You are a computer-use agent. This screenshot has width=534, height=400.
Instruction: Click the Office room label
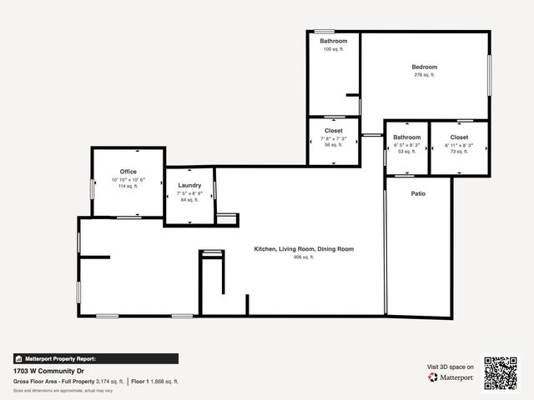[128, 172]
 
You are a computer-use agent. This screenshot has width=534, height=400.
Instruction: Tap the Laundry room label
[189, 185]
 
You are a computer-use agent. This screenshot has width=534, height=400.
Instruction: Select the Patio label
[418, 193]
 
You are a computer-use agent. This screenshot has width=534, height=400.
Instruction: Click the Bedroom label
[424, 67]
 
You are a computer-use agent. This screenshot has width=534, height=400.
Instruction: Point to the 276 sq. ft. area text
[424, 75]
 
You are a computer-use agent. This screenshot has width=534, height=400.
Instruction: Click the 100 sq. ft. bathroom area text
[334, 49]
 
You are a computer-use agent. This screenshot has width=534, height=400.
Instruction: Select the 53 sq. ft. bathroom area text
[407, 152]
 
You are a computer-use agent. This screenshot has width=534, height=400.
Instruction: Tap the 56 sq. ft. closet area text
[334, 145]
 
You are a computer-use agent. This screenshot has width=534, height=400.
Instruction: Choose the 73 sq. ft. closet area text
[459, 152]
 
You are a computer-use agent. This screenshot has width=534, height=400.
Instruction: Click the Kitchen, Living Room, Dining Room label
[304, 249]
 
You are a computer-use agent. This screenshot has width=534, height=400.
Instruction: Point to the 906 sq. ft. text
[304, 257]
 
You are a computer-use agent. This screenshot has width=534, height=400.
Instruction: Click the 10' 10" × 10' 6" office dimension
[128, 180]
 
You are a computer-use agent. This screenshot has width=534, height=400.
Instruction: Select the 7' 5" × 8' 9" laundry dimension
[189, 192]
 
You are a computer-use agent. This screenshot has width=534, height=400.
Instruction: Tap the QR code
[501, 372]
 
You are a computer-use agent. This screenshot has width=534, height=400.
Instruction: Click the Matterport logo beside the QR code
[451, 377]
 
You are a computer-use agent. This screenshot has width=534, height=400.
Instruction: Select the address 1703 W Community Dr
[51, 371]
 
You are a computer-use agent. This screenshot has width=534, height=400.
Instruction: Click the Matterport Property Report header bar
[95, 358]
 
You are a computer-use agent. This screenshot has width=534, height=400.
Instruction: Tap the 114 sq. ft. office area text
[128, 187]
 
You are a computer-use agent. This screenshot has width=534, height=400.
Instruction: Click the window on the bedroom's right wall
[489, 75]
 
